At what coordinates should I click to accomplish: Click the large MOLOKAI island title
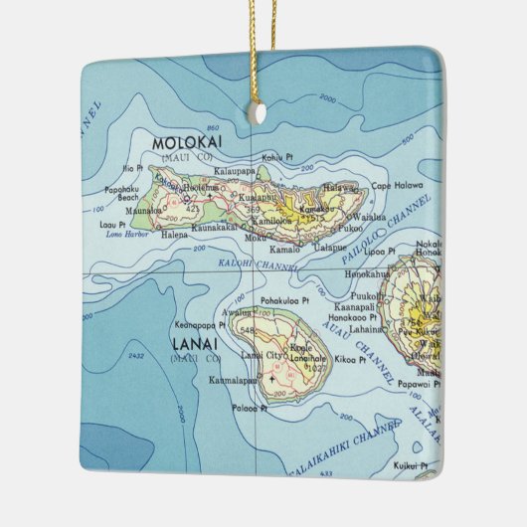click(187, 142)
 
